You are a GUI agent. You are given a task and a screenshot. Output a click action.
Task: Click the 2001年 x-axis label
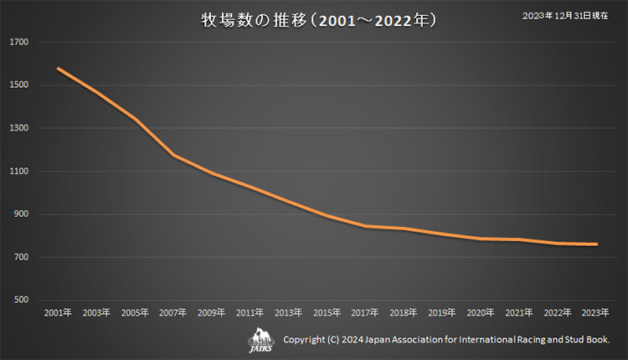(58, 312)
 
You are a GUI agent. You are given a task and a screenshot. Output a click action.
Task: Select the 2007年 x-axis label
(173, 312)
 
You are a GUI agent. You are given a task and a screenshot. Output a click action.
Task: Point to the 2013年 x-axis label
(288, 312)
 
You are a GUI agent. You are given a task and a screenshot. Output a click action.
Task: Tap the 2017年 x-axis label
(365, 312)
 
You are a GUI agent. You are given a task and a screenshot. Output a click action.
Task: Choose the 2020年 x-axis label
(481, 312)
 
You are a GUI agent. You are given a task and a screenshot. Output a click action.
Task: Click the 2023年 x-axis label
(596, 312)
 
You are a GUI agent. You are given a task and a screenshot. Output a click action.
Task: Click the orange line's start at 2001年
(58, 69)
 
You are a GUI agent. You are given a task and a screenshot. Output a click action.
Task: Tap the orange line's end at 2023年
(596, 244)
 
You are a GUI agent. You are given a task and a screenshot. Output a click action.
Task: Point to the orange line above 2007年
(173, 156)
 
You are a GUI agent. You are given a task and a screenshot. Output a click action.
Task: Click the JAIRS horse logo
(261, 340)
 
